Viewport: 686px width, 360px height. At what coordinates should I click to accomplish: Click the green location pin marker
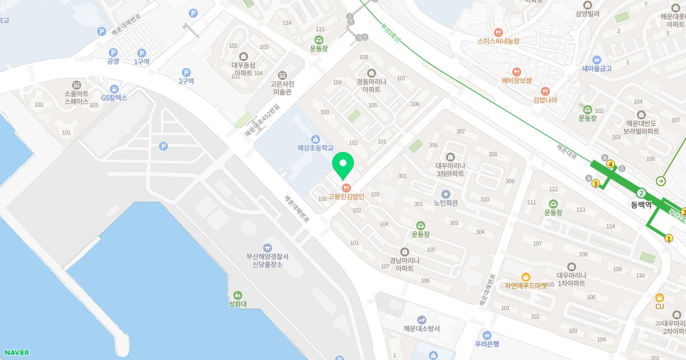coord(343,164)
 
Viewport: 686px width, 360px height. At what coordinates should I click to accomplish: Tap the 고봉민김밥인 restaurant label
coord(346,197)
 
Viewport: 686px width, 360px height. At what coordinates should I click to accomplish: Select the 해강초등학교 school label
coord(315,147)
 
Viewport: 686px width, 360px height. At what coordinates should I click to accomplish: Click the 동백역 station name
coord(641,203)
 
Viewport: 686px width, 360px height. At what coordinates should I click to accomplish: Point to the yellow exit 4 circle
coord(611,165)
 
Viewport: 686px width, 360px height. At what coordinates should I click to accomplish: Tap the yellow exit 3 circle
coord(596,183)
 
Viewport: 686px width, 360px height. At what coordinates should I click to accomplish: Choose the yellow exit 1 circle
coord(669,238)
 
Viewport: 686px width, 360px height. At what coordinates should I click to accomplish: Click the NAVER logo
coord(16,353)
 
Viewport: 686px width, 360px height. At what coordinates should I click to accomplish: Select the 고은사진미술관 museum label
coord(281,87)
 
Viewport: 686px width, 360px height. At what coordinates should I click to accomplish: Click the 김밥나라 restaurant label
coord(545,100)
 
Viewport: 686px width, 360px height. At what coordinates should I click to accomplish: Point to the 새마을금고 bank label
coord(597,69)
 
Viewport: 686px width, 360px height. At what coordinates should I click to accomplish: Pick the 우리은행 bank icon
coord(487,335)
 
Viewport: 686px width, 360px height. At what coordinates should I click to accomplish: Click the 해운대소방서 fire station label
coord(421,328)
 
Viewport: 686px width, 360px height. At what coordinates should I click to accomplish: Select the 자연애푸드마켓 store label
coord(525,285)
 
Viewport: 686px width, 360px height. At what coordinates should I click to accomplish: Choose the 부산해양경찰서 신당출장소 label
coord(268,261)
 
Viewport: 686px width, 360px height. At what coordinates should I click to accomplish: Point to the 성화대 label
coord(237,304)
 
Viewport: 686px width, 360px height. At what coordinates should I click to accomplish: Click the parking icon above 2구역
coord(186,73)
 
